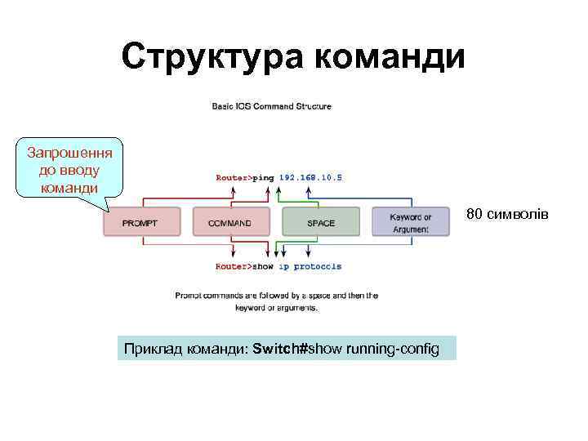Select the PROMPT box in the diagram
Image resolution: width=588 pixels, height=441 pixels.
(x=141, y=222)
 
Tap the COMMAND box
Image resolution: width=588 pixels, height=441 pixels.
(x=230, y=222)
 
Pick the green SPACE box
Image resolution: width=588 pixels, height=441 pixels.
(x=321, y=222)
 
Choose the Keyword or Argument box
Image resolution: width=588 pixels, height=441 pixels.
(x=410, y=222)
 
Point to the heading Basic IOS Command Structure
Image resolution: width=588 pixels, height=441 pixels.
(x=272, y=105)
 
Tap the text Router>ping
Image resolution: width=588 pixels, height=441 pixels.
(x=245, y=176)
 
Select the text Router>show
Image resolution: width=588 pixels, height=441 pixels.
(x=245, y=266)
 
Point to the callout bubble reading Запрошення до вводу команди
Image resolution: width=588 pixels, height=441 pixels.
(x=69, y=170)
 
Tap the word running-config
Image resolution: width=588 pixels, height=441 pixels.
(x=392, y=350)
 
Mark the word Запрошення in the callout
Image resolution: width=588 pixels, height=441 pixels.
(x=69, y=153)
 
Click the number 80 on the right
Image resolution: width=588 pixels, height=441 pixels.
(x=474, y=214)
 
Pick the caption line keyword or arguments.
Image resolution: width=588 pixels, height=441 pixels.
(x=276, y=308)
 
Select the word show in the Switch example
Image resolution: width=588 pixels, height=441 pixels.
(x=325, y=350)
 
